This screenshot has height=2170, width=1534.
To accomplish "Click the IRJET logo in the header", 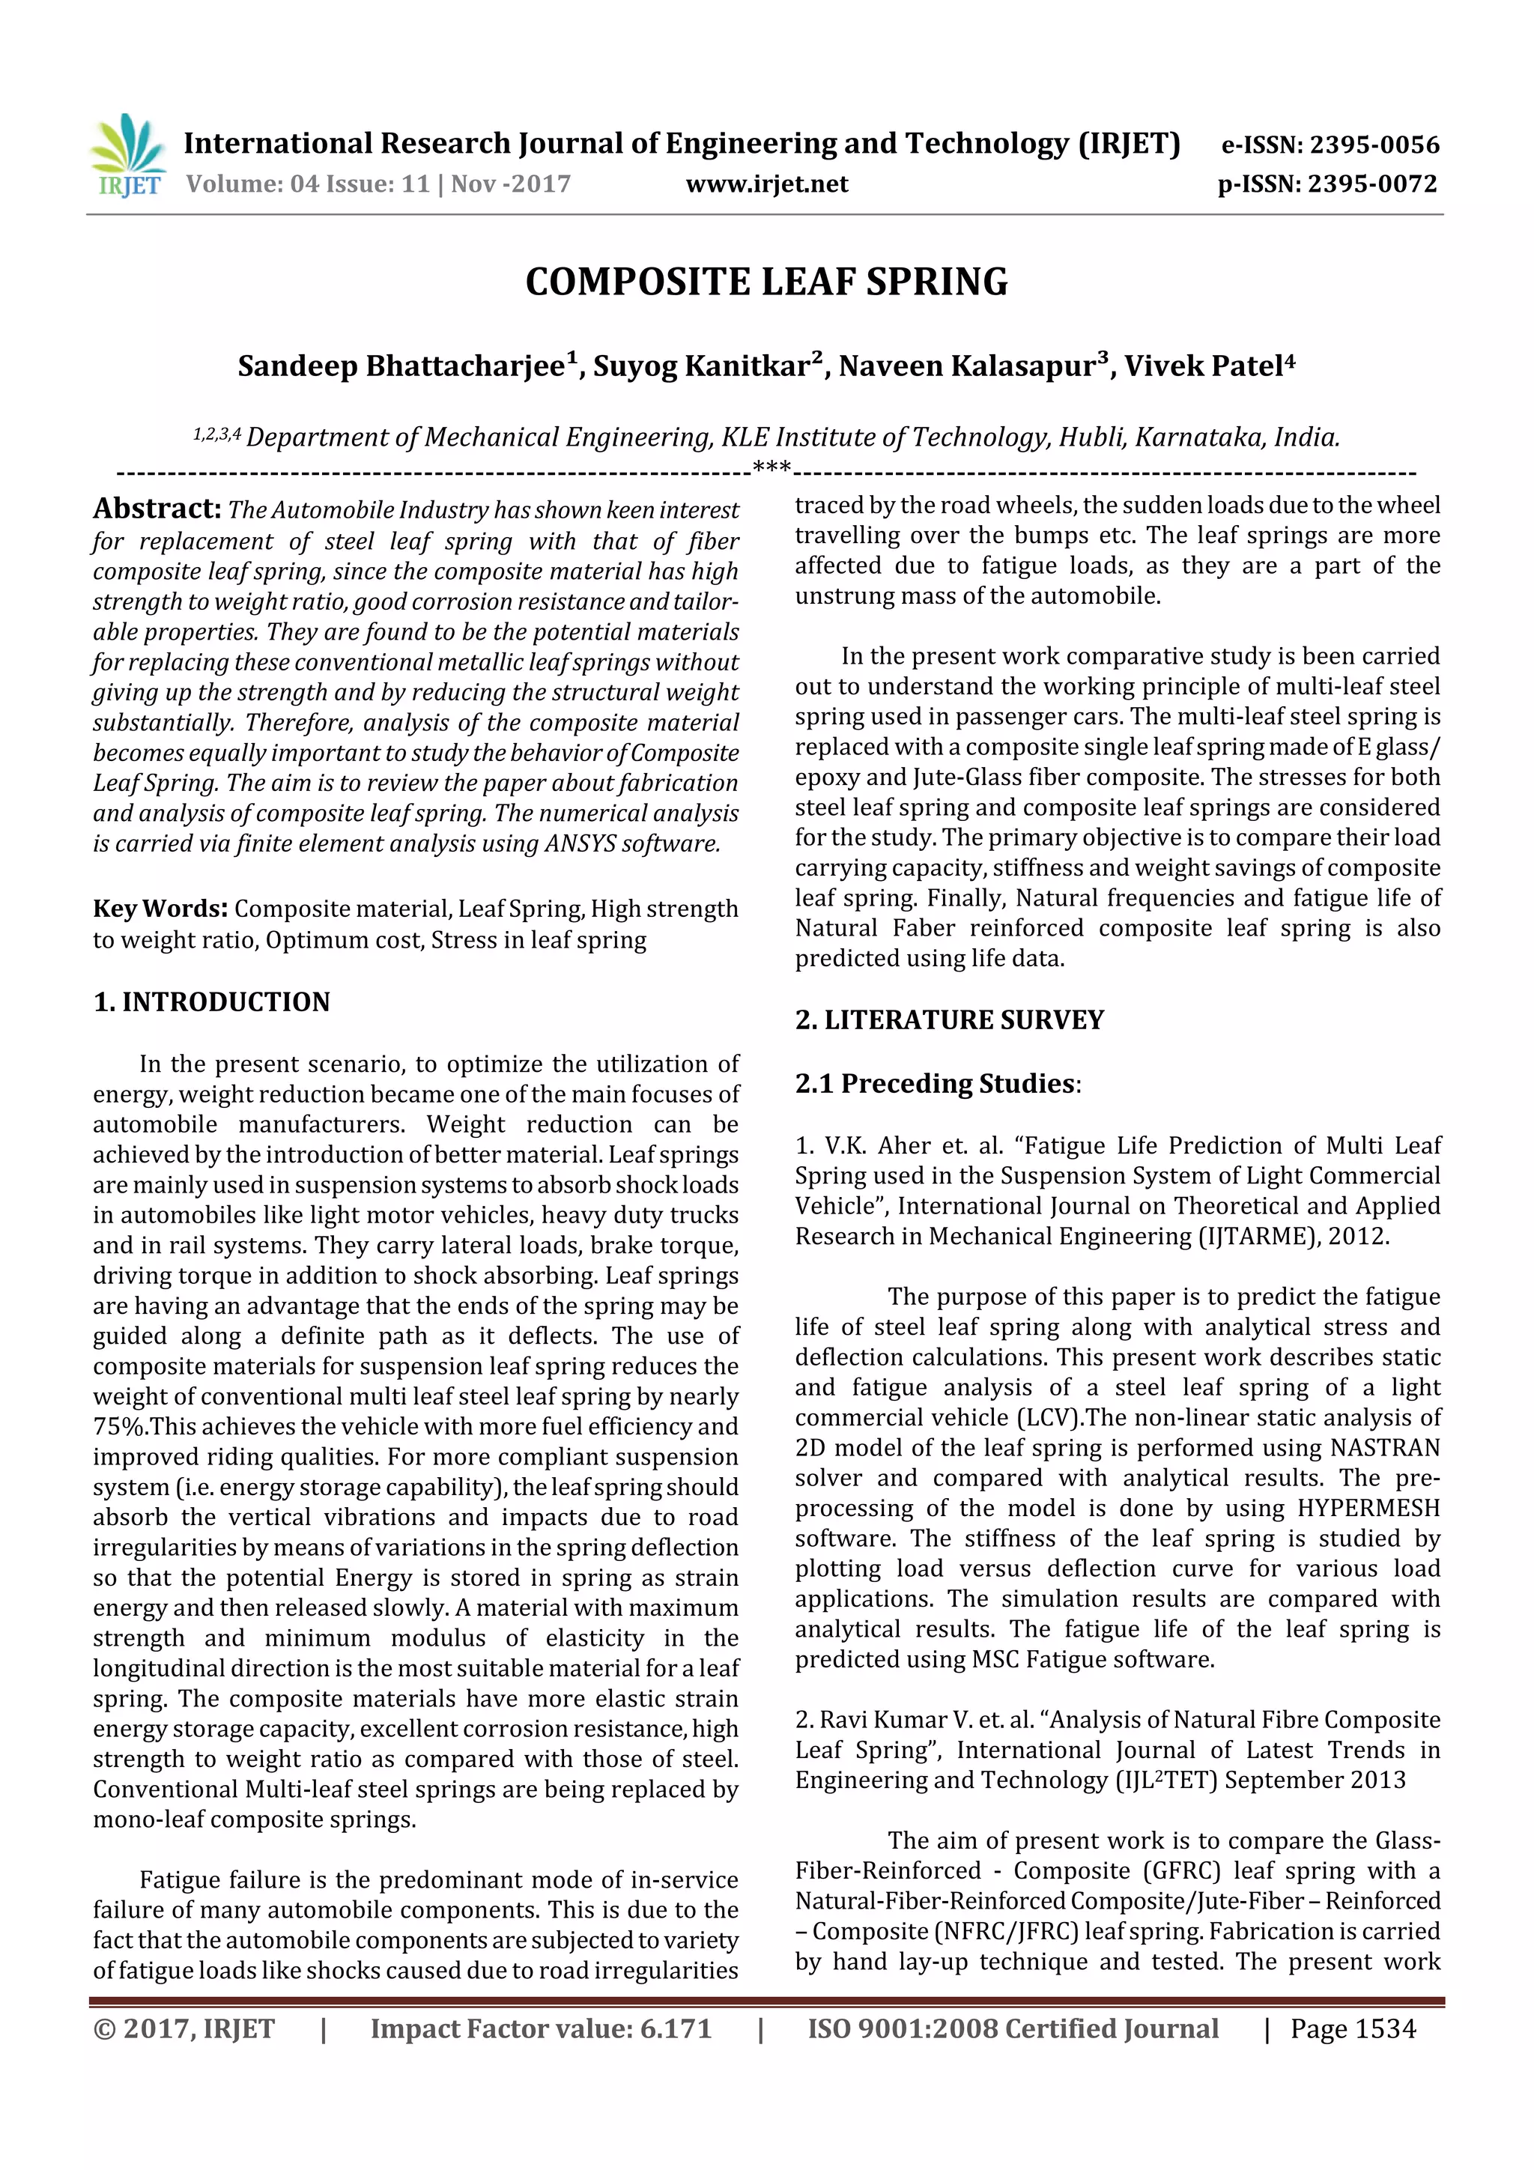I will pos(127,156).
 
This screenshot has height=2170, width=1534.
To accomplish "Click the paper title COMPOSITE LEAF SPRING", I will pos(766,282).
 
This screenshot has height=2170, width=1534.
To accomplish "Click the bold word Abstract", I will pos(157,509).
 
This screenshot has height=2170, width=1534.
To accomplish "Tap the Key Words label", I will pos(160,909).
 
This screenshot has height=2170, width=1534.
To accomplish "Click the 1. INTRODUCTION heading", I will pos(212,1001).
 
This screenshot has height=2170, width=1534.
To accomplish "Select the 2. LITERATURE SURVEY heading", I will pos(949,1019).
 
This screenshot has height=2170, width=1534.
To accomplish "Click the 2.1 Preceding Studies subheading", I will pos(935,1083).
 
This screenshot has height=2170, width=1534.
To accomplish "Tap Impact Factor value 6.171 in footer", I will pos(541,2029).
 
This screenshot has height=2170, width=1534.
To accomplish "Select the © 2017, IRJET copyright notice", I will pos(184,2029).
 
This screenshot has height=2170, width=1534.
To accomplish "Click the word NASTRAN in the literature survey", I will pos(1385,1448).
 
